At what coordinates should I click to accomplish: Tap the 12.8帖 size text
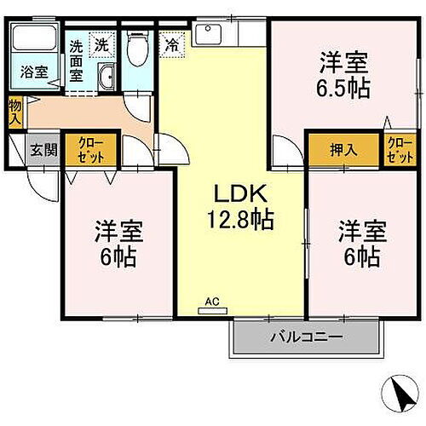pyautogui.click(x=239, y=220)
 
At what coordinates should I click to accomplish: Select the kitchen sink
pyautogui.click(x=207, y=35)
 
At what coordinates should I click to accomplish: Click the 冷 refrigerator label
pyautogui.click(x=172, y=43)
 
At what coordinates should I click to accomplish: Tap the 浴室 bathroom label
pyautogui.click(x=32, y=73)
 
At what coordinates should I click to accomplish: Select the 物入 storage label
pyautogui.click(x=15, y=112)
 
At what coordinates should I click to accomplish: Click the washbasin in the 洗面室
pyautogui.click(x=107, y=78)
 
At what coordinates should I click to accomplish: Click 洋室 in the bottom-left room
pyautogui.click(x=118, y=230)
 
